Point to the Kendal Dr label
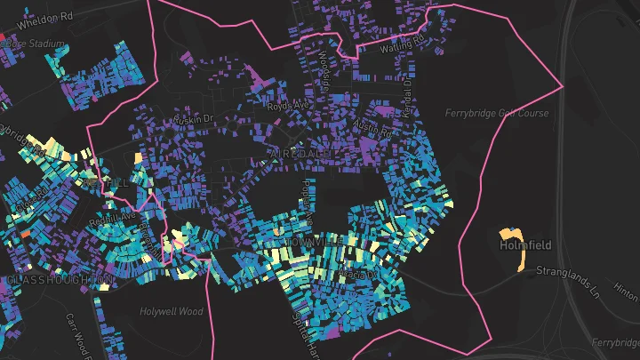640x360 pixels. pos(408,90)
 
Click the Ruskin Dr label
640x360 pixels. pos(195,117)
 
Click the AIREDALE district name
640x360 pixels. pos(299,155)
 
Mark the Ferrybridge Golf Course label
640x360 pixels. pos(498,113)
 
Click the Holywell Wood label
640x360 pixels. pos(172,311)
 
